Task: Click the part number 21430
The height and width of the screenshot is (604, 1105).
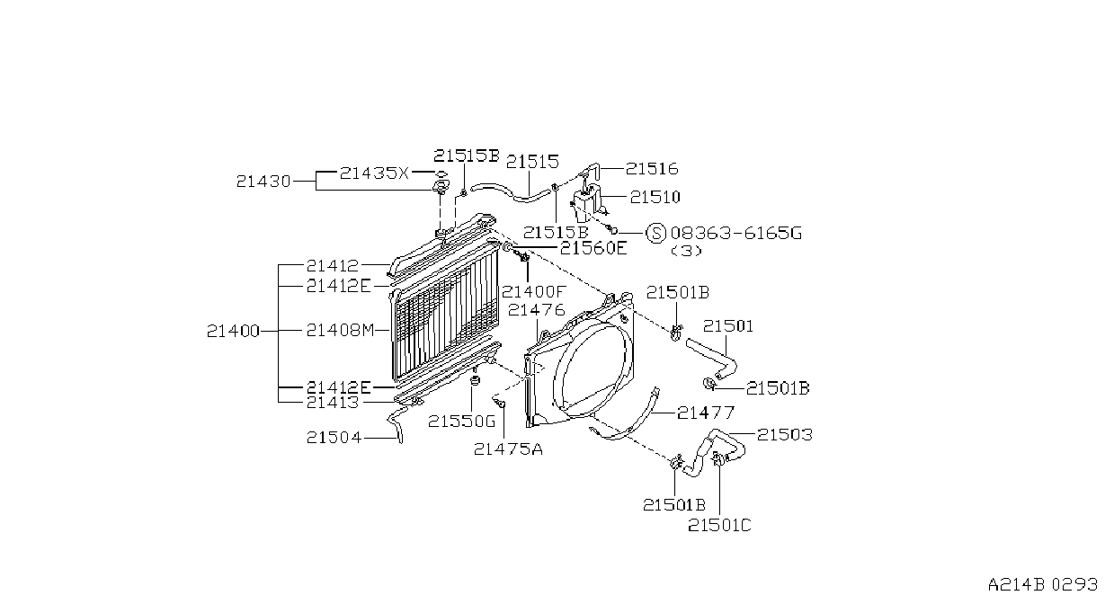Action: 263,182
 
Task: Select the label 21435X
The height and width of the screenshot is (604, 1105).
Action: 374,173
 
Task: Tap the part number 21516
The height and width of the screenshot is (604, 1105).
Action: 652,169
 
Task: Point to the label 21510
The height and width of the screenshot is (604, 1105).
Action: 655,197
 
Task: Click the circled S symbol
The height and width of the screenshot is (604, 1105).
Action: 656,233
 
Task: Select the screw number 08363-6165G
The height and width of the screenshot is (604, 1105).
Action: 736,233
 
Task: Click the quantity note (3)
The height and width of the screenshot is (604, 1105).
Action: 686,251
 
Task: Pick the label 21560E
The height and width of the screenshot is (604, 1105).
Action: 593,248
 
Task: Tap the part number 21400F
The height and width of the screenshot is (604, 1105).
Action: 532,292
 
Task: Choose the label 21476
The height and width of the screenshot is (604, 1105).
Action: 536,310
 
